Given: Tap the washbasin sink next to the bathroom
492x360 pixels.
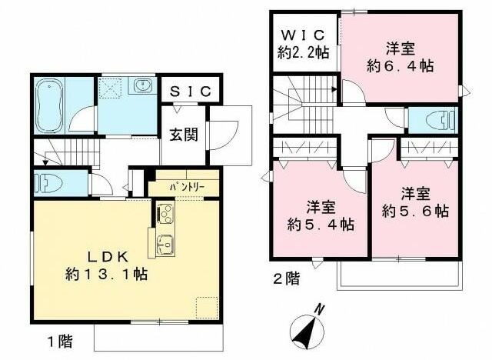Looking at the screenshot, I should [141, 86].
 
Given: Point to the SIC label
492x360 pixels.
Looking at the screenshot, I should [190, 91].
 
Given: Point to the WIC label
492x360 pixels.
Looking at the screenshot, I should [304, 35].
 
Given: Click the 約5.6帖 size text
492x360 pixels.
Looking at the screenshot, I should [414, 210].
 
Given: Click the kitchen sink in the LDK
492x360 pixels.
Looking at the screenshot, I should [166, 245].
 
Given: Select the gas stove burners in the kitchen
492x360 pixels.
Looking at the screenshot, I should [166, 212].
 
